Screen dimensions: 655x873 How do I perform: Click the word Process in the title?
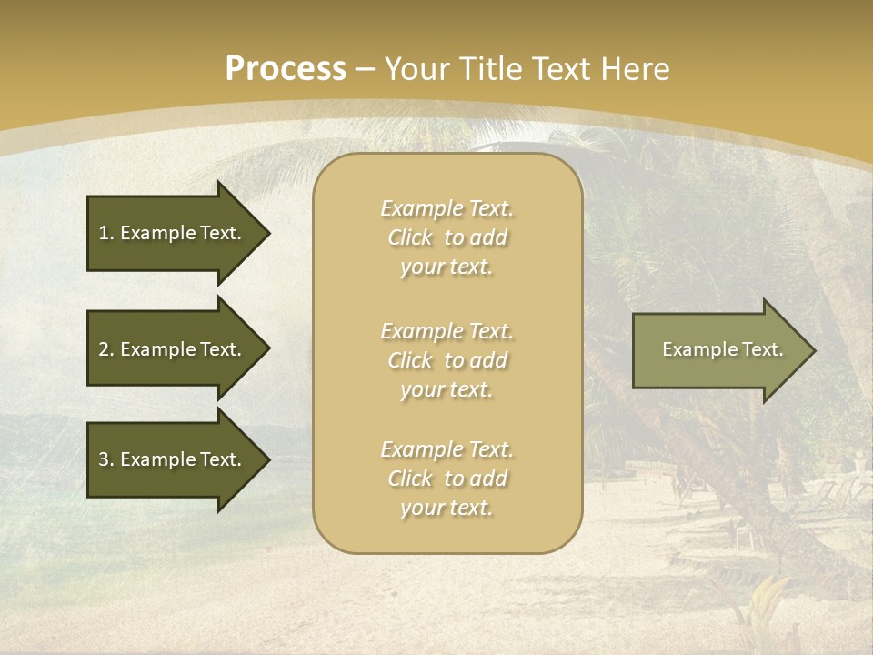pos(286,69)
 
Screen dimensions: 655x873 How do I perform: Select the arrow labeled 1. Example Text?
pos(173,233)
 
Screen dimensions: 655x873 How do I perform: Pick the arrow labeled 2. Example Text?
pos(173,349)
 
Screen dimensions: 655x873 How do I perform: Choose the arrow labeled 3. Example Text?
pos(173,459)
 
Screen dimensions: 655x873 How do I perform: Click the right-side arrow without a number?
pos(718,350)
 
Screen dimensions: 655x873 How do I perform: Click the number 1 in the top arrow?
pos(104,233)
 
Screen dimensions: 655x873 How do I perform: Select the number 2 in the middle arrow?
pos(104,349)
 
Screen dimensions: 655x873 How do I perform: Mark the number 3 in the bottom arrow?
pos(104,459)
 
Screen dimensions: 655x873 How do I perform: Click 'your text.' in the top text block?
pos(447,267)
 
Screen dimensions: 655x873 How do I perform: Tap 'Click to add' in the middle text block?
pos(447,360)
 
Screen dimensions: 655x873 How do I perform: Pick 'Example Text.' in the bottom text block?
pos(447,449)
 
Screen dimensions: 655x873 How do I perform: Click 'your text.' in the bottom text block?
pos(447,509)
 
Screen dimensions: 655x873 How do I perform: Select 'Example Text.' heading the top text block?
pos(447,208)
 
